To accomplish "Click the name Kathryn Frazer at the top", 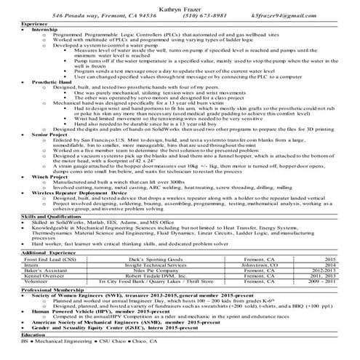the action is (x=180, y=5).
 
